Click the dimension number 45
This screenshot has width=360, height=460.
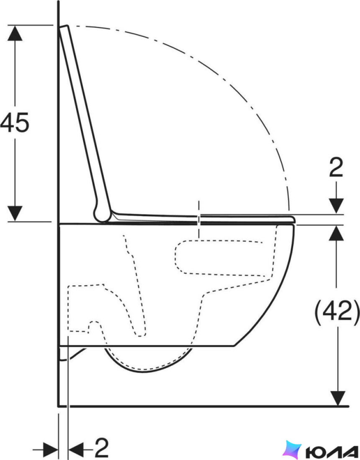coord(15,122)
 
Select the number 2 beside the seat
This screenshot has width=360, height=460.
coord(336,167)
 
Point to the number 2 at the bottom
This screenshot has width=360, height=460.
coord(102,448)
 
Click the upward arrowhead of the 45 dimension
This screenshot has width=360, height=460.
coord(15,33)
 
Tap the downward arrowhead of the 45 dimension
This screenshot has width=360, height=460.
coord(15,213)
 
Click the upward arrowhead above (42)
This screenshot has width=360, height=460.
coord(337,233)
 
